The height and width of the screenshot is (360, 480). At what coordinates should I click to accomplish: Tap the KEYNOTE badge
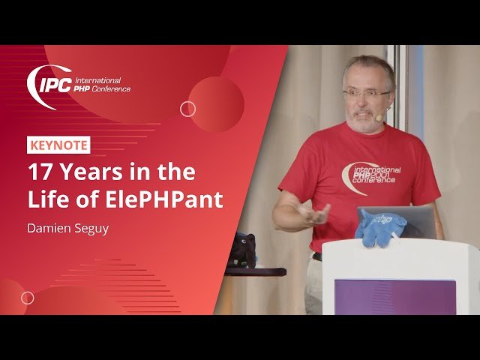tap(58, 145)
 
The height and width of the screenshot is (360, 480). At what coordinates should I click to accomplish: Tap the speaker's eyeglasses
tap(367, 93)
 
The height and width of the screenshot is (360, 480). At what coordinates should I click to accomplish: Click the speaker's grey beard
tap(364, 120)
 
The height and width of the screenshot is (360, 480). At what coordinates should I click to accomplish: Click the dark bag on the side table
tap(242, 250)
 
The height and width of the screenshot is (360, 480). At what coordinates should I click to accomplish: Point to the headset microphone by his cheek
tap(380, 117)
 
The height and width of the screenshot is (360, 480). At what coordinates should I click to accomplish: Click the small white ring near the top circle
tap(188, 109)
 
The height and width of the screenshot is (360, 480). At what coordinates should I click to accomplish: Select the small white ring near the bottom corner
tap(28, 298)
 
